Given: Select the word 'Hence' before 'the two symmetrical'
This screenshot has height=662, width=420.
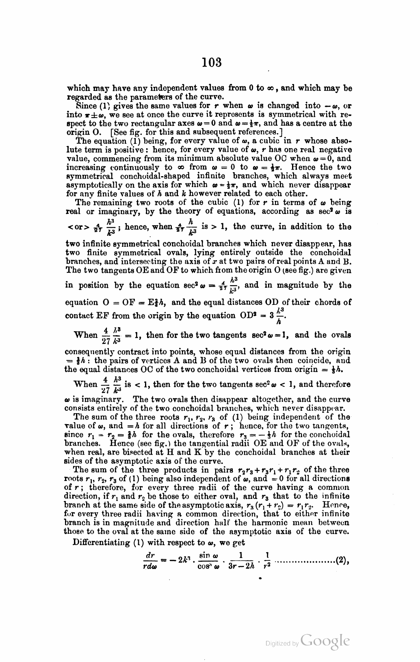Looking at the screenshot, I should tap(303, 167).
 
